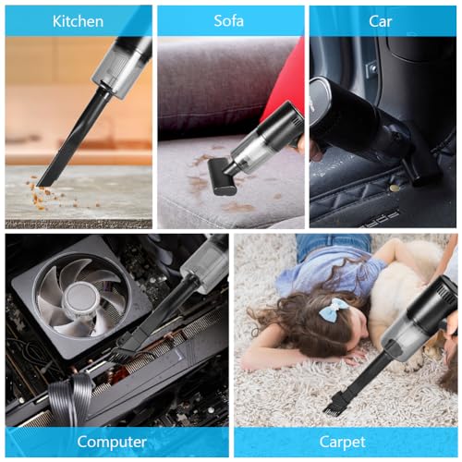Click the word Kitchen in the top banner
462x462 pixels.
point(78,20)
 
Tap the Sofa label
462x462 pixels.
point(229,20)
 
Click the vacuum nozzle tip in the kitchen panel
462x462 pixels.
point(43,182)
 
